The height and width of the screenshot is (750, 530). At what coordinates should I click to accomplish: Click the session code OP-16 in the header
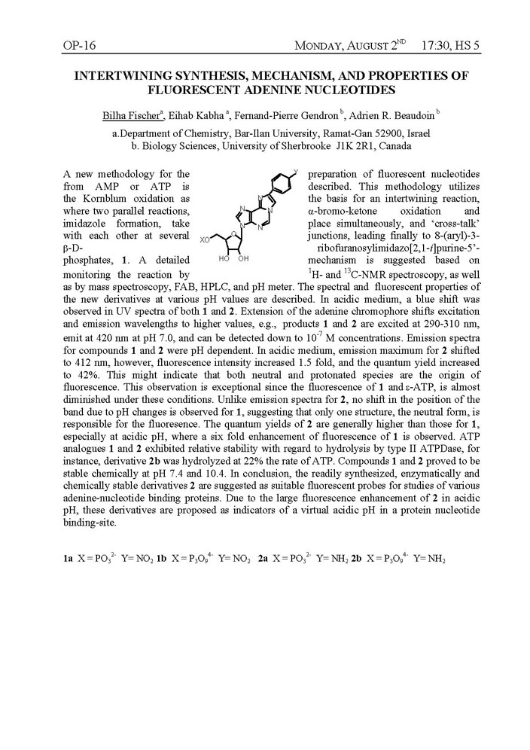(78, 46)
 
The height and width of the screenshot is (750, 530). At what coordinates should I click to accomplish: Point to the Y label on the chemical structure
(294, 171)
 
